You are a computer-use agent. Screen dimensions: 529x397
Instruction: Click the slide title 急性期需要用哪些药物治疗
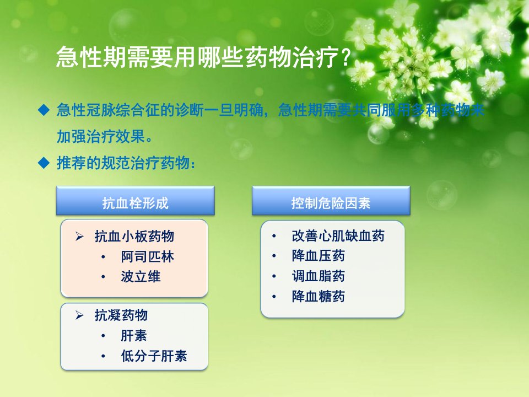point(198,56)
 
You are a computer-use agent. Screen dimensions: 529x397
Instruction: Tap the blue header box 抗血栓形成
point(136,201)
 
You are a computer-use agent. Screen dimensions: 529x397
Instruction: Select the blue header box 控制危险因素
point(331,201)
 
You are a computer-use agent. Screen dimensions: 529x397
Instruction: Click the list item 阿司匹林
point(148,256)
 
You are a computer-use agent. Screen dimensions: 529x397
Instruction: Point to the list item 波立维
point(141,276)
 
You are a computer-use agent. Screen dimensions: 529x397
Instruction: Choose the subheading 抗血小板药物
point(134,237)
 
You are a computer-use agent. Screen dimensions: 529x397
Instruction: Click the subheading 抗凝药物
point(121,315)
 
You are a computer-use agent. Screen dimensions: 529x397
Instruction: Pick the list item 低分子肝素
point(154,356)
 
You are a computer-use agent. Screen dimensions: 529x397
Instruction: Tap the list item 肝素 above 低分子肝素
point(134,336)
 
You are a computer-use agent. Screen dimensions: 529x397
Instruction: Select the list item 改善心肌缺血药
point(338,236)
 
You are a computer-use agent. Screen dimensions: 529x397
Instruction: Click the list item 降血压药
point(318,256)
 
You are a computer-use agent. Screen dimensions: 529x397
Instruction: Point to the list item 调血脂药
point(318,276)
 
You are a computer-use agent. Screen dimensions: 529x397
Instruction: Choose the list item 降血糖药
point(318,297)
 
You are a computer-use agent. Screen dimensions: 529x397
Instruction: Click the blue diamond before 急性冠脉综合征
point(44,110)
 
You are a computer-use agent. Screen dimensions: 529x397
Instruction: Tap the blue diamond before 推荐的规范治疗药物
point(44,163)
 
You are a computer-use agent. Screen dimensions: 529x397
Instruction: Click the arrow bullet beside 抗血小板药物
point(79,237)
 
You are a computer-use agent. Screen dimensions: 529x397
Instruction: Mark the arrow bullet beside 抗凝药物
point(79,315)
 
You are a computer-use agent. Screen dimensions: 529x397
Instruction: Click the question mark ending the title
point(346,57)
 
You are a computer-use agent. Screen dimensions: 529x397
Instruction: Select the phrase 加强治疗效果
point(101,136)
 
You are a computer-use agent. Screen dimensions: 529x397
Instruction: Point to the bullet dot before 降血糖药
point(274,297)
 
